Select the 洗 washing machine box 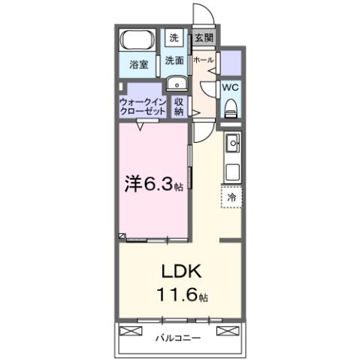point(174,38)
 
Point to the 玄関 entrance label point(202,37)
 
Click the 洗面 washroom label point(174,60)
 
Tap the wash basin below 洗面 point(174,84)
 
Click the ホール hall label point(203,59)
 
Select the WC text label point(231,87)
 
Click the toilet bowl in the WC point(231,107)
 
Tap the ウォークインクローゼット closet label point(143,106)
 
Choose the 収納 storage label point(179,106)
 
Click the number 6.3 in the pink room point(155,183)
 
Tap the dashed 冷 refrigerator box point(231,197)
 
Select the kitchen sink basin point(232,142)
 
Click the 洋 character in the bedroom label point(133,183)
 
